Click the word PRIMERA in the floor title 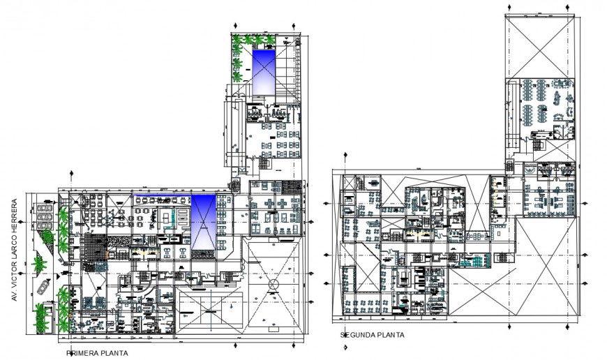(x=82, y=353)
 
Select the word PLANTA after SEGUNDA (x=391, y=335)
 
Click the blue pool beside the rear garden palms (x=264, y=70)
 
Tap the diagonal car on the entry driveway (x=44, y=285)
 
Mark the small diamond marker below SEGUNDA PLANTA (x=345, y=349)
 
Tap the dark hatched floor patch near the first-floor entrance (x=93, y=247)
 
